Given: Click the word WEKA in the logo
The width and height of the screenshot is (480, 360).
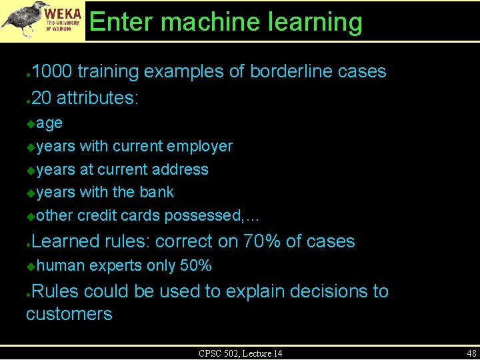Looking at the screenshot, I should click(x=64, y=13).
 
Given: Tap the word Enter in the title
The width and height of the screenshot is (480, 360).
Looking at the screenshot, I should click(x=121, y=22).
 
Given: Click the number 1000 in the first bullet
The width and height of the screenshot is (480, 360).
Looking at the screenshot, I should click(x=54, y=71).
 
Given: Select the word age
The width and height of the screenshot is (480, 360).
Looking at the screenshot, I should click(x=50, y=123).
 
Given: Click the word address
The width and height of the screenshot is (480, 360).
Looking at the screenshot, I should click(x=180, y=169).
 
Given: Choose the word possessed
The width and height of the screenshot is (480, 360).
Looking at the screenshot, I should click(x=203, y=215).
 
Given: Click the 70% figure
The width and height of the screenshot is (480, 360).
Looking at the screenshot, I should click(x=263, y=241).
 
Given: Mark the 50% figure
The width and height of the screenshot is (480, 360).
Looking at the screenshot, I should click(x=196, y=266).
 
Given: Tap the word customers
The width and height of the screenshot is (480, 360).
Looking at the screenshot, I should click(x=69, y=314).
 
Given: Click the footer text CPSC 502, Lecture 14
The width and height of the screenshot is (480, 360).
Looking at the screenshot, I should click(x=240, y=353).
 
